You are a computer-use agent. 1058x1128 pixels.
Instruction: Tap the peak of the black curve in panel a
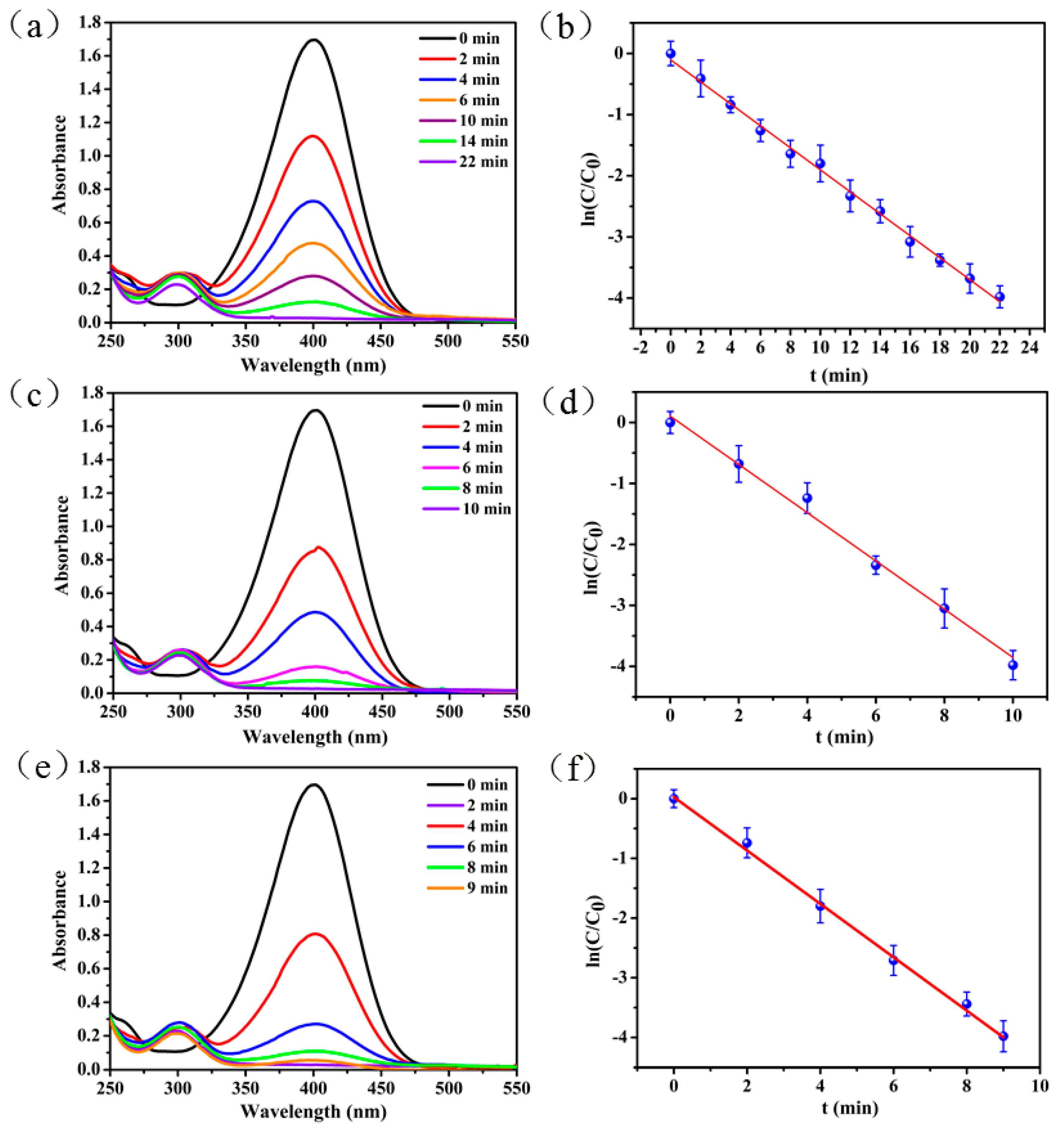click(x=313, y=40)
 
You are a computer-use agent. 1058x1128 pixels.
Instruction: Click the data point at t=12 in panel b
click(x=850, y=196)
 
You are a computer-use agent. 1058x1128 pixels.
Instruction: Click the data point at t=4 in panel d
click(x=807, y=498)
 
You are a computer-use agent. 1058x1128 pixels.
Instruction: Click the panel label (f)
click(x=573, y=767)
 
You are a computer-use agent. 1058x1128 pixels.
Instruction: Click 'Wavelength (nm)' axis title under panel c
click(x=315, y=737)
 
